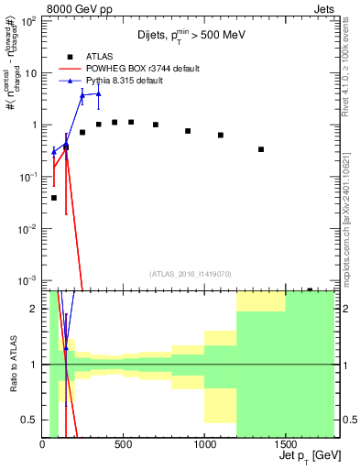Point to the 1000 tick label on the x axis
point(204,444)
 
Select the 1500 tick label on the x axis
point(285,444)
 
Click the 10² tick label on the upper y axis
point(28,21)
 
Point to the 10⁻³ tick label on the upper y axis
point(28,279)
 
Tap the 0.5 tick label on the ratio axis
point(28,420)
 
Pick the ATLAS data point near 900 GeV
point(188,131)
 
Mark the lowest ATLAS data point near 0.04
point(54,197)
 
